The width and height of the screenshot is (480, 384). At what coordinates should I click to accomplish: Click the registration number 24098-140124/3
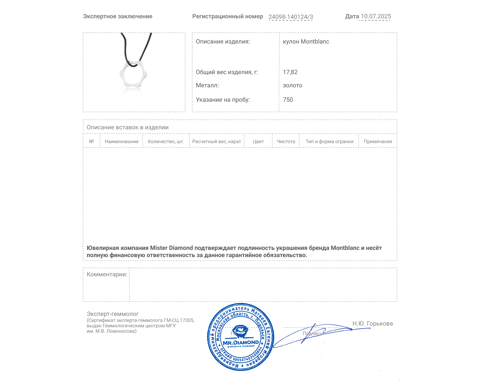(x=290, y=17)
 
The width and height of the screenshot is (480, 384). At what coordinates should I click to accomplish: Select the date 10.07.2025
(x=376, y=16)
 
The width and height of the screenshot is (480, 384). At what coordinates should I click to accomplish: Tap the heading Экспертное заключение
(x=118, y=16)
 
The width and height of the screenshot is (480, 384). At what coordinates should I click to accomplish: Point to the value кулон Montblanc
(x=306, y=42)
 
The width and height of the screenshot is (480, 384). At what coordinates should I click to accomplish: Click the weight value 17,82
(x=290, y=72)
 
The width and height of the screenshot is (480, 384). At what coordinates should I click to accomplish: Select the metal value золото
(x=292, y=85)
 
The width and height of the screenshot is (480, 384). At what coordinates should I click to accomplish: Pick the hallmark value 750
(x=288, y=100)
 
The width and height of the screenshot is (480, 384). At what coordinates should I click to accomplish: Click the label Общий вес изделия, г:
(x=227, y=72)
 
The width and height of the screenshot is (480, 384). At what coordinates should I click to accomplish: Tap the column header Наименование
(x=121, y=142)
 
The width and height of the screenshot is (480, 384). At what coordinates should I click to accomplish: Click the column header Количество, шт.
(x=166, y=142)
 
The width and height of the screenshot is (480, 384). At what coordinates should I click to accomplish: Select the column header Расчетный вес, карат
(x=217, y=142)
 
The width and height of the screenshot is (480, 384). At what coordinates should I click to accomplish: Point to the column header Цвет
(x=258, y=142)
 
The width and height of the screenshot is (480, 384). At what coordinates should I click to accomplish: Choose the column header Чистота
(x=286, y=142)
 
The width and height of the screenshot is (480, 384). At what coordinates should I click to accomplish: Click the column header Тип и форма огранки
(x=329, y=142)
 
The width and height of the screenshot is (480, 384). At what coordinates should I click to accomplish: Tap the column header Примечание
(x=378, y=142)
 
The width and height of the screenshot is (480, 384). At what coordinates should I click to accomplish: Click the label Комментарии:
(x=107, y=274)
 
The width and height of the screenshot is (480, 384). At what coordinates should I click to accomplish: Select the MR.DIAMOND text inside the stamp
(x=241, y=343)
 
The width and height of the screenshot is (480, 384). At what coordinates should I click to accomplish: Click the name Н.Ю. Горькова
(x=372, y=323)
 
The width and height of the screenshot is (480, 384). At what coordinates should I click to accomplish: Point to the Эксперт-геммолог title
(x=112, y=314)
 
